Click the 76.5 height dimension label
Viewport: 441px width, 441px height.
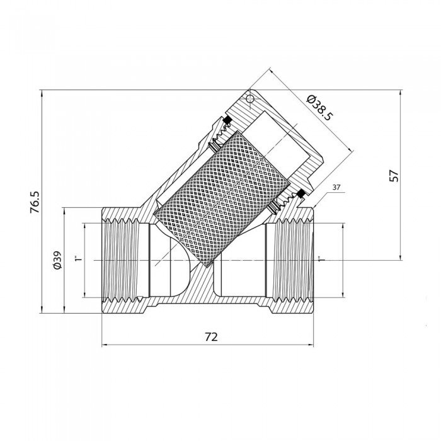point(35,202)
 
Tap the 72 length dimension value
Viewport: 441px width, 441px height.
point(211,336)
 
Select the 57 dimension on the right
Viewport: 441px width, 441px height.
point(394,176)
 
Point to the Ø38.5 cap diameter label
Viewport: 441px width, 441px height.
point(320,108)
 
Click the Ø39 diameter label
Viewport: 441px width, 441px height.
point(57,260)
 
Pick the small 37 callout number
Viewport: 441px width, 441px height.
point(336,187)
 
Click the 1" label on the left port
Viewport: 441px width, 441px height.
point(79,258)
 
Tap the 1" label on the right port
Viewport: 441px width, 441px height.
point(321,259)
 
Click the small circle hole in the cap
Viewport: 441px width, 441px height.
point(249,99)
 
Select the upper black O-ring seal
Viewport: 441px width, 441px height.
point(227,120)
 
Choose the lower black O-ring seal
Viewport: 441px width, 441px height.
point(301,194)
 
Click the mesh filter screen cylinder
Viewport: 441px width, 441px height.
point(222,199)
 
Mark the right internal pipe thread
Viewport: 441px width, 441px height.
point(294,260)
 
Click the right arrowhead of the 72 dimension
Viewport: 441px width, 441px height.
point(310,345)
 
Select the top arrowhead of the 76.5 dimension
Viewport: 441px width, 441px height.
point(42,93)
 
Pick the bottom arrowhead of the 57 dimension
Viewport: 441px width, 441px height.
point(400,257)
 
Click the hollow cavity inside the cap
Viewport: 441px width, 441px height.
point(277,140)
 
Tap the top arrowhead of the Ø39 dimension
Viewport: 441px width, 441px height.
point(64,211)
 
